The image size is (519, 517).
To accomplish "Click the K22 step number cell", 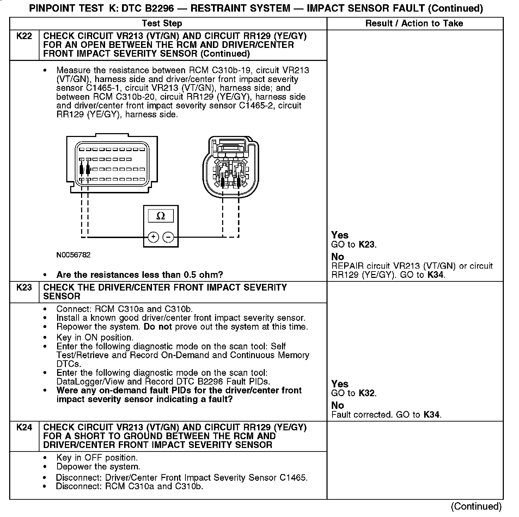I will point(24,36).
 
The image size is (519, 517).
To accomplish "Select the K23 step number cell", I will point(24,287).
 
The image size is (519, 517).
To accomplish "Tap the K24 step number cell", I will point(24,427).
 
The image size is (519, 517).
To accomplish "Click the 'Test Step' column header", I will point(162,24).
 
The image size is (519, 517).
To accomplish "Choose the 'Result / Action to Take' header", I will point(414,24).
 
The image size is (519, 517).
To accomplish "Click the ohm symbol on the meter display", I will point(160,216).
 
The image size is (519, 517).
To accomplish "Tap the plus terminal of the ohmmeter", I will point(153,237).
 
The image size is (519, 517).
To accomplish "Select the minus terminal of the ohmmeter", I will point(168,237).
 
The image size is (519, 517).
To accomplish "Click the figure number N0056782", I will point(73,255).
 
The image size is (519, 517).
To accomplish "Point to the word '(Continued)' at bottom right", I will point(476,506).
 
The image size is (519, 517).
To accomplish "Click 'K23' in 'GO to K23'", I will point(367,244).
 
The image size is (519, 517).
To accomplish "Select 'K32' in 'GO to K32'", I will point(367,393).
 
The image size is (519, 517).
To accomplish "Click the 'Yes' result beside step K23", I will point(340,384).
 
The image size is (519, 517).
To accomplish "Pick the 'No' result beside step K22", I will point(337,257).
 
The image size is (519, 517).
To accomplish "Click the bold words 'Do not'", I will point(158,327).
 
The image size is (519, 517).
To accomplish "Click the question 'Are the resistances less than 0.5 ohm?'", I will point(140,275).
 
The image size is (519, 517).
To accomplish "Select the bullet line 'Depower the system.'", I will point(98,467).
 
